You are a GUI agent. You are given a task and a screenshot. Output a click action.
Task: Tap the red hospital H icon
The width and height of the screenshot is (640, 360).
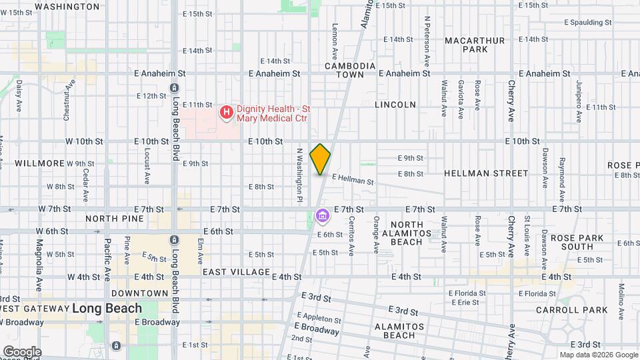click(x=227, y=112)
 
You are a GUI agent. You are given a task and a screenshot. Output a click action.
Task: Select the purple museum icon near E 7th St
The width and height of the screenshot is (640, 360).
click(x=322, y=216)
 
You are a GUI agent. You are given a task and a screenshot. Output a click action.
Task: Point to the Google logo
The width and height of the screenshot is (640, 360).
click(x=21, y=351)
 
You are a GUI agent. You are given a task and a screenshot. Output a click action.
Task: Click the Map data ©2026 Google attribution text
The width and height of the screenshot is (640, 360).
click(x=597, y=355)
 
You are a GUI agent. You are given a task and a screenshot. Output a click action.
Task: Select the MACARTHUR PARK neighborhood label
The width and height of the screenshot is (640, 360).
click(x=475, y=45)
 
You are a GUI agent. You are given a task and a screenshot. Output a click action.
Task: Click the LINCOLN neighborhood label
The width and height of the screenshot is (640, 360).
click(x=395, y=105)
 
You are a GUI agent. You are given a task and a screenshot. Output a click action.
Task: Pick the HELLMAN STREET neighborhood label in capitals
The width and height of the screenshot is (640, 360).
click(x=495, y=173)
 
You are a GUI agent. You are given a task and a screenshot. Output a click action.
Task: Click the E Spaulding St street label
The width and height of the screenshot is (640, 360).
click(x=587, y=22)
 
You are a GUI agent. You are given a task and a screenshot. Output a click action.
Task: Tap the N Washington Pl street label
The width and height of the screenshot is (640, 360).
click(x=300, y=175)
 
